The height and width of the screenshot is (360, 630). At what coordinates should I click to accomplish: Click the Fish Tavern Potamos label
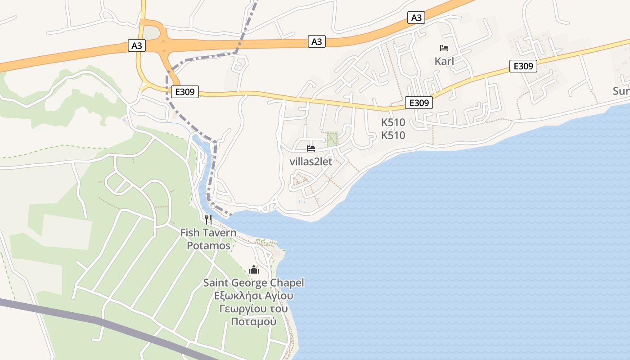coord(208,239)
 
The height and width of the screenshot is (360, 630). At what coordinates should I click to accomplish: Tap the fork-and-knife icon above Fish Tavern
coord(208,220)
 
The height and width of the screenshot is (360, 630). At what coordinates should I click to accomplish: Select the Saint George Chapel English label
coord(253,283)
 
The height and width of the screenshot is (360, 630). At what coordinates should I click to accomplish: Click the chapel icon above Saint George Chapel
coord(254,270)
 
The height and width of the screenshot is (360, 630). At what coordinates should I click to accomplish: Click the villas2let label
coord(311,162)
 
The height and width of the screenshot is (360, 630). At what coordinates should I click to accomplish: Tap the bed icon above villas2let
coord(311,148)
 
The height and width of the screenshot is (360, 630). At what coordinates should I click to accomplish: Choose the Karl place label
coord(444,61)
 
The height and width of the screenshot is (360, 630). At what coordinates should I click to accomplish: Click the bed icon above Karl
coord(444,48)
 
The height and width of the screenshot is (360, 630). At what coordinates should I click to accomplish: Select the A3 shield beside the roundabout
coord(136,45)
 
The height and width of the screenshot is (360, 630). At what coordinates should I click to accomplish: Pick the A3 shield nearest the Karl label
coord(416,18)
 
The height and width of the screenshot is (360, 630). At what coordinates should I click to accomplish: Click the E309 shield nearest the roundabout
coord(184,92)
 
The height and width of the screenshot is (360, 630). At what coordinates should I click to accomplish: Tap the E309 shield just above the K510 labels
coord(418,103)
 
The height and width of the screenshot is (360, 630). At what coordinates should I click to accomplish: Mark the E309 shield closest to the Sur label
coord(523,66)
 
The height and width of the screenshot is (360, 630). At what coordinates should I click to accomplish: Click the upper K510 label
coord(393,122)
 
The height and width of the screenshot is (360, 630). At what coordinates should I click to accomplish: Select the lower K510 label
coord(393,135)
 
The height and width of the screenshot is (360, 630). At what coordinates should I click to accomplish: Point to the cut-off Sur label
coord(621,91)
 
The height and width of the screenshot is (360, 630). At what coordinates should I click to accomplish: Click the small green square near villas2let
coord(332,139)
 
